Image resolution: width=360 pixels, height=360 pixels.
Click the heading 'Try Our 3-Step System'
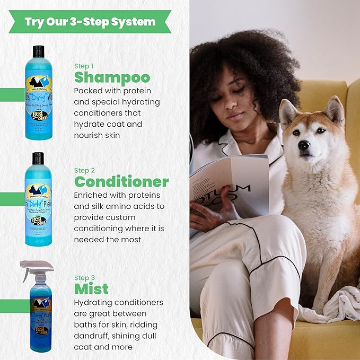(x=90, y=22)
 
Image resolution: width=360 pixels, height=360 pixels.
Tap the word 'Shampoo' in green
(x=112, y=77)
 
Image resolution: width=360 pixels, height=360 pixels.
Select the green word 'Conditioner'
(x=121, y=182)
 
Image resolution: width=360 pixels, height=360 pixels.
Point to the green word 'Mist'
(x=91, y=288)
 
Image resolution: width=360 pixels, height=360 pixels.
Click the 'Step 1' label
(x=84, y=66)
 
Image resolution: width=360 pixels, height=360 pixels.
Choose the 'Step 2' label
(x=84, y=170)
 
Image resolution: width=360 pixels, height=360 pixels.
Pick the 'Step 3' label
(x=84, y=277)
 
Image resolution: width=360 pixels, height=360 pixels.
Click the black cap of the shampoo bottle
(x=38, y=51)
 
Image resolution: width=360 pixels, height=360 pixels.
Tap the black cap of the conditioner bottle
(x=38, y=158)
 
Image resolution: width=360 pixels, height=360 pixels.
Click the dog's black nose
(x=304, y=145)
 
